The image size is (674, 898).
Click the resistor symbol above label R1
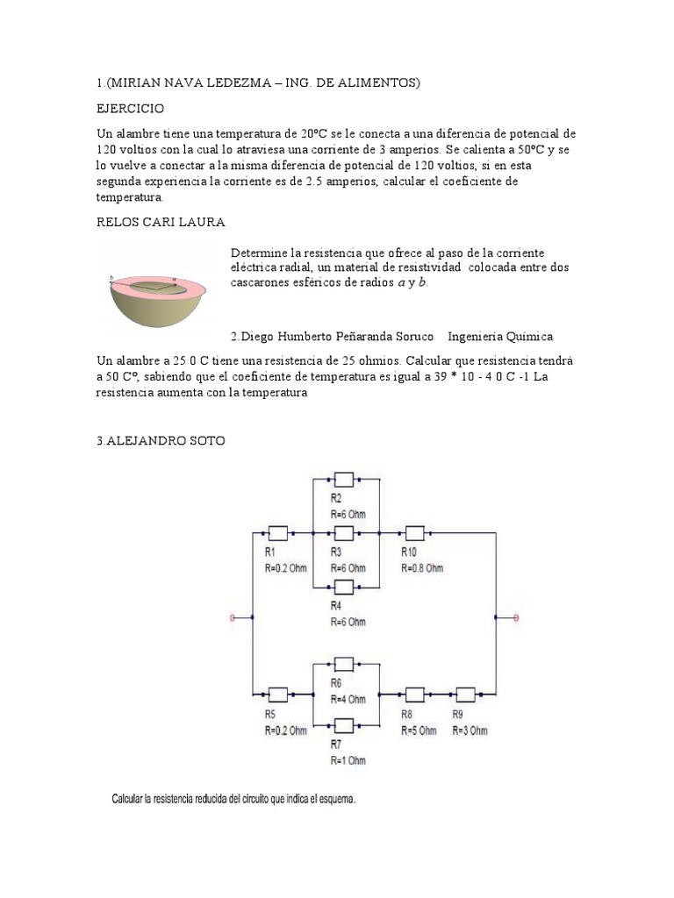tap(277, 532)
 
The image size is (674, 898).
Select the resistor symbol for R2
tap(344, 480)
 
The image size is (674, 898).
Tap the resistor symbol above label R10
tap(413, 532)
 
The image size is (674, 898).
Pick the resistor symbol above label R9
tap(464, 695)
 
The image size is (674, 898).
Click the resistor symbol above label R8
tap(413, 695)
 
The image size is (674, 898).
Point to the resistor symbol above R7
tap(344, 725)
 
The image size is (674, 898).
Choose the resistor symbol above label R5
tap(277, 695)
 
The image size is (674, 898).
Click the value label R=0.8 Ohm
tap(422, 567)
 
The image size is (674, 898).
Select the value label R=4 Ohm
tap(348, 700)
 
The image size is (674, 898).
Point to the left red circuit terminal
tap(233, 618)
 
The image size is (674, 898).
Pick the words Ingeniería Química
tap(499, 336)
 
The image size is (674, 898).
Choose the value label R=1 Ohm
tap(348, 760)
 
